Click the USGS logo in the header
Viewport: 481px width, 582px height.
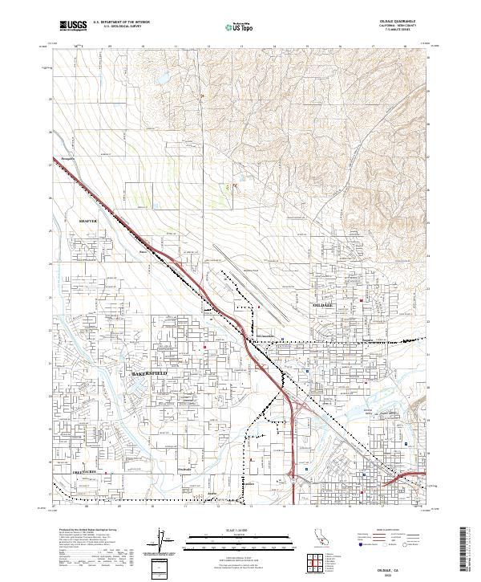pos(73,26)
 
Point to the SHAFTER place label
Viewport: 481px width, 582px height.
pos(87,220)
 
